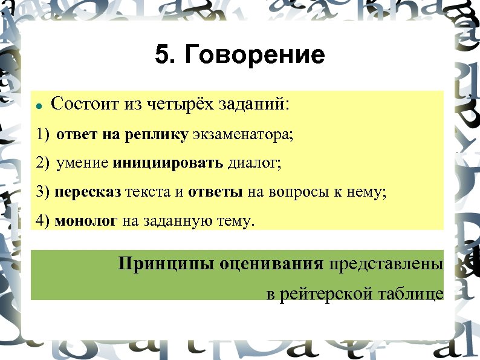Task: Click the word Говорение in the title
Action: [x=255, y=56]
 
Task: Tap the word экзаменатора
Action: [x=242, y=134]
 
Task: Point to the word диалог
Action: [x=255, y=163]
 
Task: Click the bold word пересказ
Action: [x=88, y=192]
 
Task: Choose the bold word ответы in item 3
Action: [x=215, y=192]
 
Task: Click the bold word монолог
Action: [x=86, y=221]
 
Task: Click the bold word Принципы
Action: [x=160, y=264]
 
